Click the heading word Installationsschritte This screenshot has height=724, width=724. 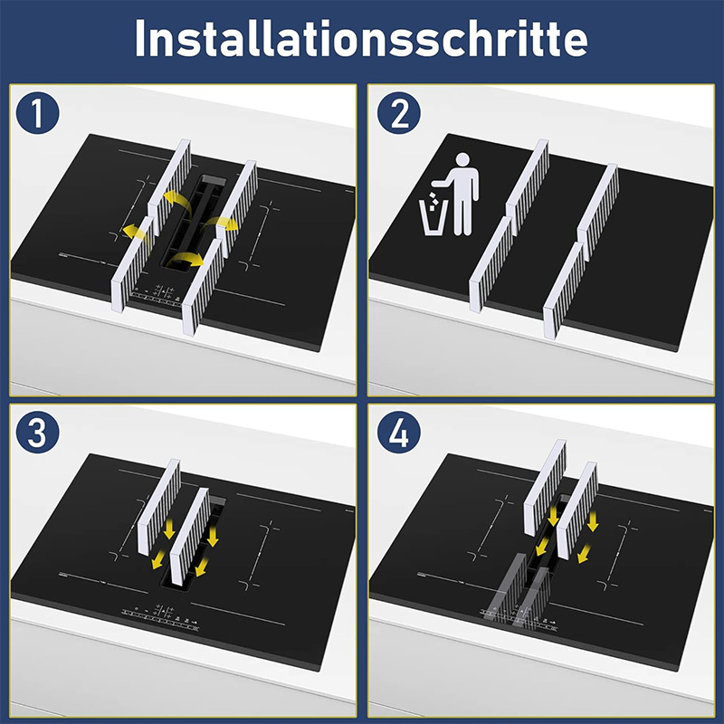click(361, 38)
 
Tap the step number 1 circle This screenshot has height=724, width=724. click(37, 112)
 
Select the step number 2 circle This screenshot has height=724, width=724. click(398, 112)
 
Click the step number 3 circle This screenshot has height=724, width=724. click(37, 433)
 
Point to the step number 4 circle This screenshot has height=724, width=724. click(398, 433)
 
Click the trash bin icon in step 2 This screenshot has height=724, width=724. click(433, 217)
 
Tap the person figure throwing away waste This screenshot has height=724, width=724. click(460, 194)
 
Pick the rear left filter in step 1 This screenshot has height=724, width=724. click(169, 186)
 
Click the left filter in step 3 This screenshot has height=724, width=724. click(159, 507)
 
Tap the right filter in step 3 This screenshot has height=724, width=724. click(190, 537)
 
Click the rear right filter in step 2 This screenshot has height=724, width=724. click(598, 212)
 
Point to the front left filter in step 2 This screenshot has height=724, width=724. click(491, 264)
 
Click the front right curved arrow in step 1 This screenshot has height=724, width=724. click(185, 260)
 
